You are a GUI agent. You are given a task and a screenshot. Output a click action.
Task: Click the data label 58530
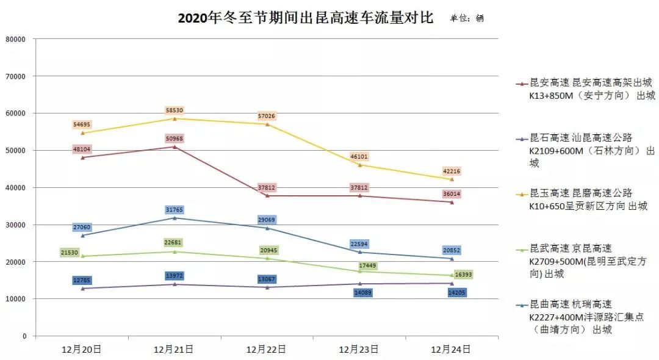(174, 110)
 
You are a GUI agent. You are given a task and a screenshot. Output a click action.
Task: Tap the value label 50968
(174, 139)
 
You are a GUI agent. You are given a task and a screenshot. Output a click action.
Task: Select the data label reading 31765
(174, 210)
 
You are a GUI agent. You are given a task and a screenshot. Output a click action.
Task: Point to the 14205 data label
(452, 292)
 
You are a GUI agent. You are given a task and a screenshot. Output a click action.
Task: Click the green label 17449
(359, 265)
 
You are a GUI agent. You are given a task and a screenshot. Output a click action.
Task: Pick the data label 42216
(452, 171)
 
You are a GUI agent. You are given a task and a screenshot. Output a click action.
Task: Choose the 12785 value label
(82, 281)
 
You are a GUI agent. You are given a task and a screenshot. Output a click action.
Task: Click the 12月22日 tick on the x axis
(267, 350)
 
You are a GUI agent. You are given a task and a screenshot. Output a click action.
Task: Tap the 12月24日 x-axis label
(452, 350)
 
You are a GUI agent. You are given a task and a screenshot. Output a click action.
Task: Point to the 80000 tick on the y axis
(16, 39)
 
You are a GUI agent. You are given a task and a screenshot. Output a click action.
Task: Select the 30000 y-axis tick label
(16, 225)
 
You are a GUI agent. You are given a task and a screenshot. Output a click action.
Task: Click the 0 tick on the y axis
(24, 336)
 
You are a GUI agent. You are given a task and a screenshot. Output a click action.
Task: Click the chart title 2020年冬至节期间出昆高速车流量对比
(305, 18)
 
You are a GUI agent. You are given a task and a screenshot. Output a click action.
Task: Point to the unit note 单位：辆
(467, 18)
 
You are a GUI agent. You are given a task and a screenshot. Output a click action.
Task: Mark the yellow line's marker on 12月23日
(359, 165)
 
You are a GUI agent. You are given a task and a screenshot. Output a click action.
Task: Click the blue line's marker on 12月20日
(82, 236)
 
